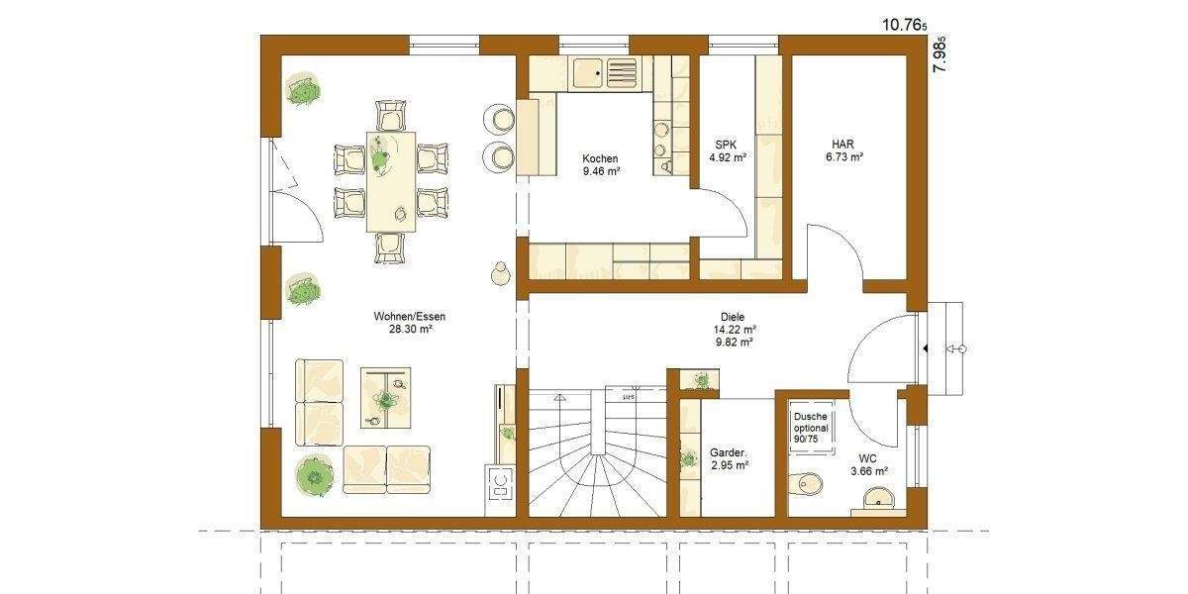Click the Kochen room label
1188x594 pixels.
600,158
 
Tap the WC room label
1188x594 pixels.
866,458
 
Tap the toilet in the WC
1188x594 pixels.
807,483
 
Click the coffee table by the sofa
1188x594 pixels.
386,397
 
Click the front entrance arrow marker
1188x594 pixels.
924,348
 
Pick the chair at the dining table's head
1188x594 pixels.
391,114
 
